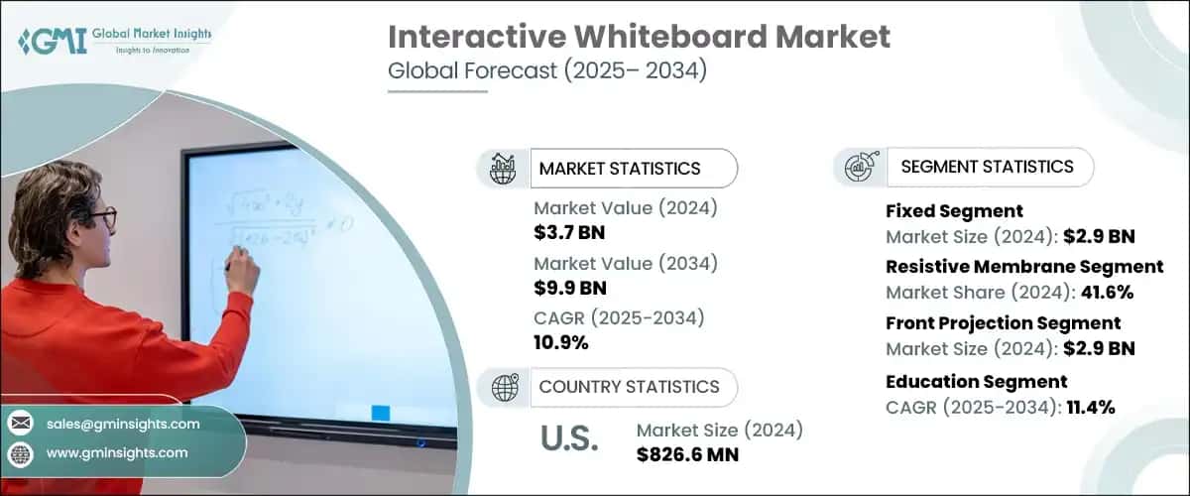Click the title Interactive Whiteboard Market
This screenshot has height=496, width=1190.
(x=639, y=37)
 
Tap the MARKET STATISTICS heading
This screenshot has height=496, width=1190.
(x=619, y=169)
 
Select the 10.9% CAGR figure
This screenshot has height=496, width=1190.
(x=561, y=343)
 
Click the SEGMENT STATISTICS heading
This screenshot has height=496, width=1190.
(x=987, y=167)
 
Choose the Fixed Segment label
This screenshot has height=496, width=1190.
(x=954, y=211)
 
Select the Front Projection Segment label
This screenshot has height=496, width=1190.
(x=1003, y=323)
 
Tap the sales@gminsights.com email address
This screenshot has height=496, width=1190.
(x=123, y=424)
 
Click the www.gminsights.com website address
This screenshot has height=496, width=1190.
(x=116, y=453)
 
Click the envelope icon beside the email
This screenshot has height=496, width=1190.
(x=20, y=424)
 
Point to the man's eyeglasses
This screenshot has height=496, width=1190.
(x=100, y=215)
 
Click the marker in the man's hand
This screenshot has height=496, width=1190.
(x=230, y=266)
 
